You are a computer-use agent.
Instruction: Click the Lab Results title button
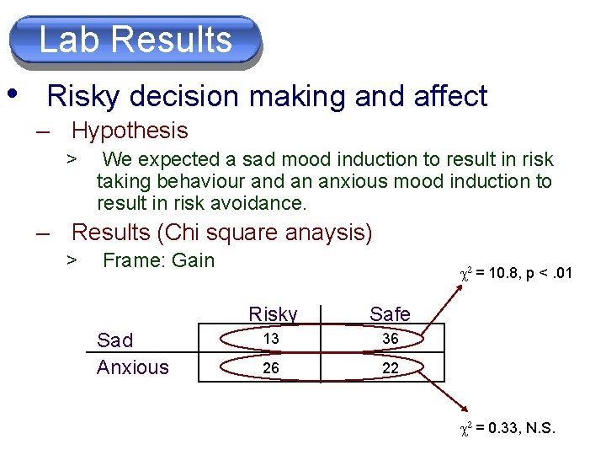coord(136,40)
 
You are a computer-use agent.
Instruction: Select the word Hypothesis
coord(130,131)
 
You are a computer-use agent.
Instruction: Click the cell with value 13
coord(271,338)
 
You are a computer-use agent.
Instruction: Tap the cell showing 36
coord(389,338)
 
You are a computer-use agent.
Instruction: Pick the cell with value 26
coord(271,367)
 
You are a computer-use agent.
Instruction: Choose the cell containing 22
coord(389,367)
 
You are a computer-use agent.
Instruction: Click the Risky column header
coord(273,314)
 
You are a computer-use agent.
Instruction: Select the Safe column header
coord(390,314)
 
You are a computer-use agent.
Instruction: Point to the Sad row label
coord(115,340)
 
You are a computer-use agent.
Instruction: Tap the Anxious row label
coord(133,367)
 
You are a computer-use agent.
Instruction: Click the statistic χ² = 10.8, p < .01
coord(514,273)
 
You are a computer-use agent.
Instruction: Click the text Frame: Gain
coord(158,260)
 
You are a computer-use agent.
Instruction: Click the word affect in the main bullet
coord(452,96)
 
